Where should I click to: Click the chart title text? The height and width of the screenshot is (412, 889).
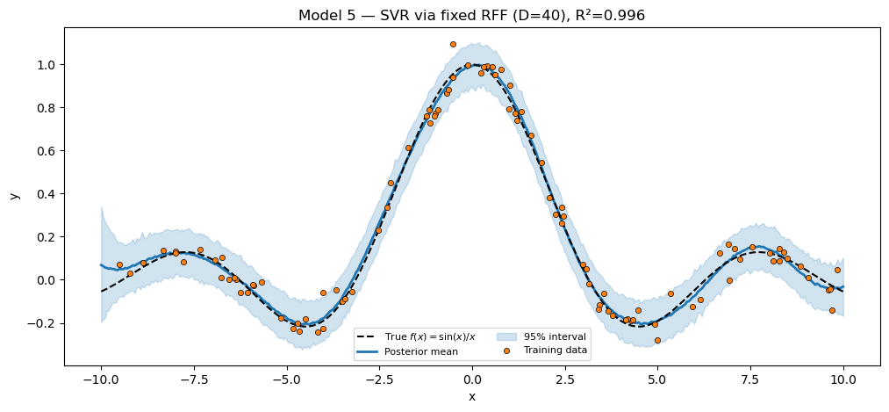(x=471, y=15)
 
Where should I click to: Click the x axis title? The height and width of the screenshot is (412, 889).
(x=471, y=397)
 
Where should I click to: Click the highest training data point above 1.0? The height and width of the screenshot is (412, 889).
(x=453, y=44)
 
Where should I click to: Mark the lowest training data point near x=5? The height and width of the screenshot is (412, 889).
(x=657, y=340)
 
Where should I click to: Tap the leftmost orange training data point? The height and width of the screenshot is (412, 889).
(x=119, y=264)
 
